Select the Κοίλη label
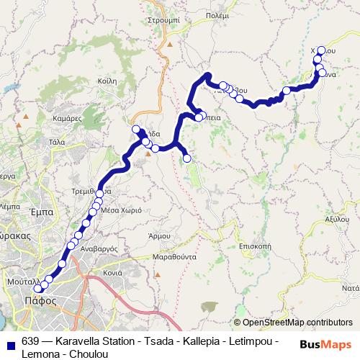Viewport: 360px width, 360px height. point(106,81)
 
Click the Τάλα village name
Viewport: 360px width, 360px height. point(56,143)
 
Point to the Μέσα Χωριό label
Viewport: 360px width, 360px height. point(119,212)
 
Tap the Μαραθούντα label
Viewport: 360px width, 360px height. point(174,256)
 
